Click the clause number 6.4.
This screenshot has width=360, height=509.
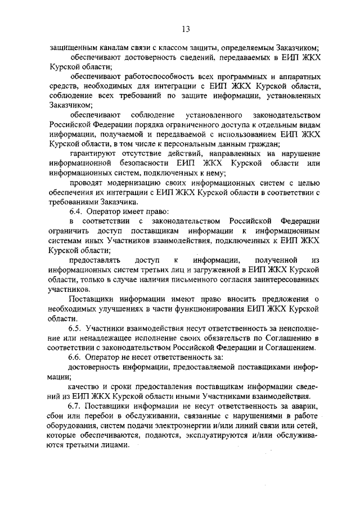click(75, 211)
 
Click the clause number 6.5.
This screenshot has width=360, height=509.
click(75, 328)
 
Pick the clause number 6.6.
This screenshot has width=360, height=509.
click(75, 357)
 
